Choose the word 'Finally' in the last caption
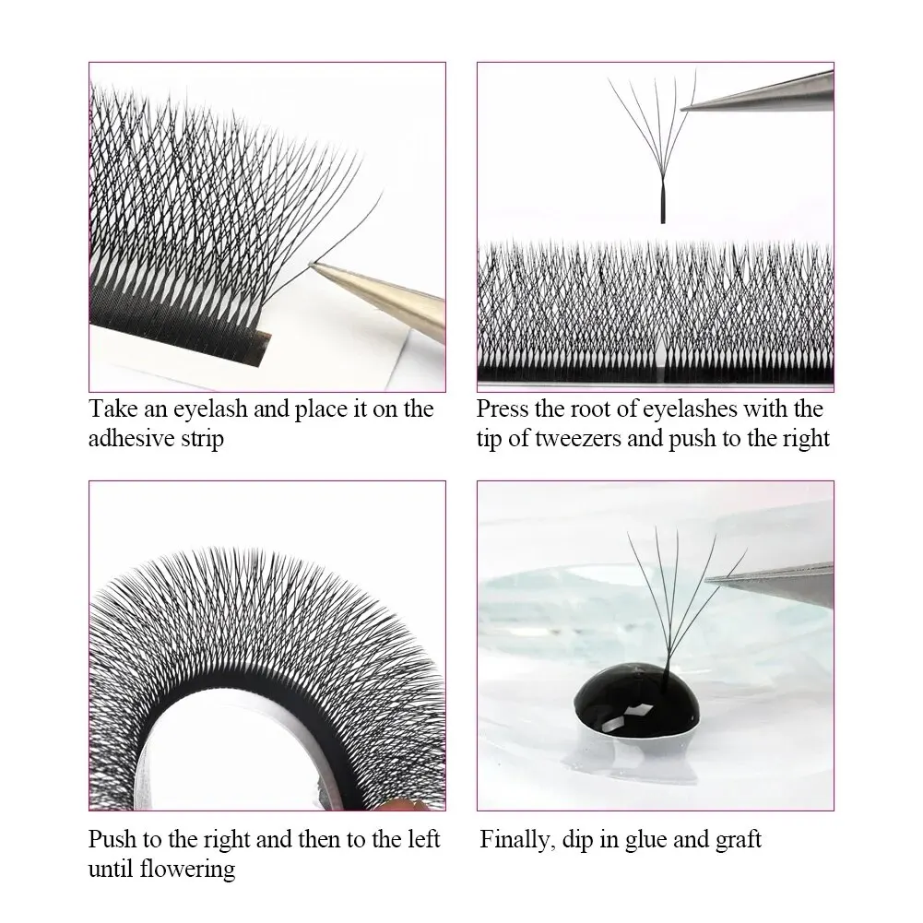point(516,840)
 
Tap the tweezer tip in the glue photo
point(708,579)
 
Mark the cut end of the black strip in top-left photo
point(264,343)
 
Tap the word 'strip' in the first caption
point(202,438)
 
